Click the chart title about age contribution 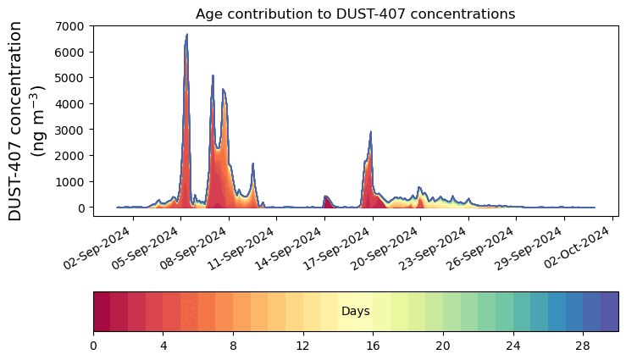[355, 14]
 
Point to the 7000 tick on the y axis [71, 26]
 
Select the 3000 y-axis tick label [71, 130]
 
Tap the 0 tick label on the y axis [82, 208]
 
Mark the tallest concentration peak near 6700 [186, 36]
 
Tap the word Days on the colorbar [355, 312]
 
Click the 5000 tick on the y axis [71, 78]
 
